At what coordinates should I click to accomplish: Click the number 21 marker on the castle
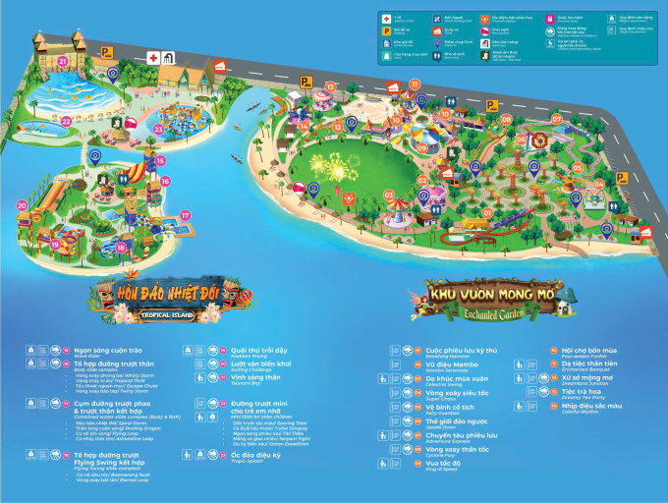tap(62, 61)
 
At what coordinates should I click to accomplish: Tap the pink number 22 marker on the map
tap(66, 121)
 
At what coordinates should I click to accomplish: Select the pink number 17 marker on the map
tap(185, 215)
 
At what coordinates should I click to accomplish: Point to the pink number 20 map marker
tap(22, 205)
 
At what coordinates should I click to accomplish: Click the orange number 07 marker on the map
tap(556, 120)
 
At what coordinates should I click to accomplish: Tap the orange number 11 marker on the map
tap(415, 84)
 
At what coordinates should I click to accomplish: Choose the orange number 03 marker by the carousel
tap(391, 195)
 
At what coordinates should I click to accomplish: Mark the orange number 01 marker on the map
tap(486, 212)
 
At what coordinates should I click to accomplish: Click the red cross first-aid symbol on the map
tap(153, 58)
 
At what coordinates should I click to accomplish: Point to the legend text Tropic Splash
tap(248, 463)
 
